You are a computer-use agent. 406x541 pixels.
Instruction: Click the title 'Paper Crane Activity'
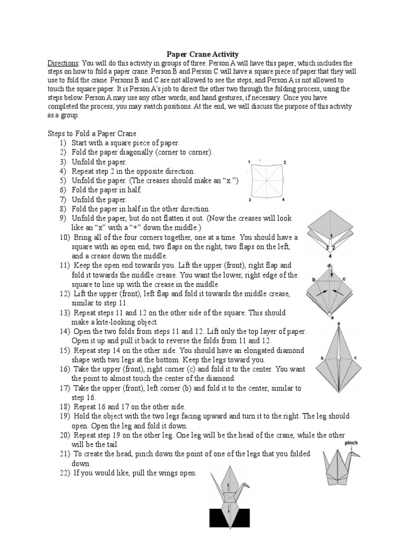[202, 54]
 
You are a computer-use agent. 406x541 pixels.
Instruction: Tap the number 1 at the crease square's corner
[249, 161]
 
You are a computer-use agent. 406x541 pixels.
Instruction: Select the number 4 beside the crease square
[284, 200]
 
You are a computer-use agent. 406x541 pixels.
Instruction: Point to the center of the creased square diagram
[266, 181]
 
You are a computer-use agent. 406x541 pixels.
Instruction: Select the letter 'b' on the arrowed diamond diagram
[314, 279]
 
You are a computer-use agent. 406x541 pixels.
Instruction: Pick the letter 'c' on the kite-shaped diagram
[356, 358]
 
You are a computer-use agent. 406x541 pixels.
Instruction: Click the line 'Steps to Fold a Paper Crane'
[92, 134]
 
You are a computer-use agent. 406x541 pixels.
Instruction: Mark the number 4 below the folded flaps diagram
[330, 256]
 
